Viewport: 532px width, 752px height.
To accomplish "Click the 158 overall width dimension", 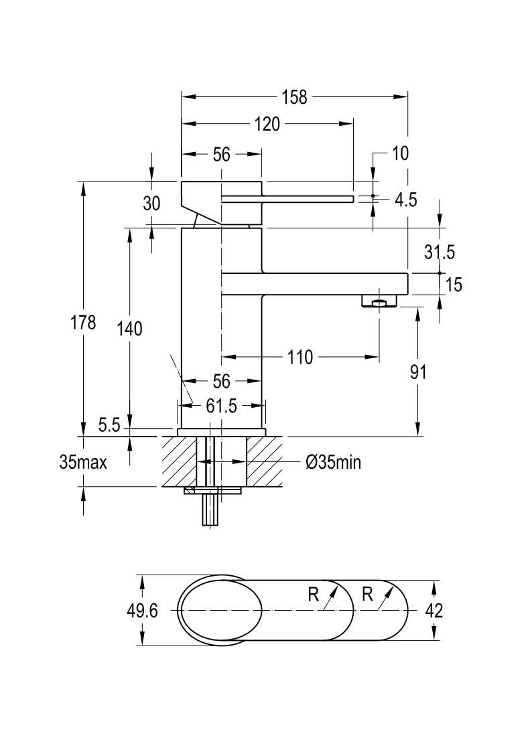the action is [294, 97].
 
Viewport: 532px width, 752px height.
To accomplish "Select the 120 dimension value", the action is [267, 124].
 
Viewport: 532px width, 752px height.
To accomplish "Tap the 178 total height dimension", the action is [84, 322].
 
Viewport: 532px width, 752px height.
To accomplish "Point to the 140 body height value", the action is [130, 329].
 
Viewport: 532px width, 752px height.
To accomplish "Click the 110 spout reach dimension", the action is [300, 358].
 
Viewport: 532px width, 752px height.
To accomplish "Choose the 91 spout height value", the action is [418, 372].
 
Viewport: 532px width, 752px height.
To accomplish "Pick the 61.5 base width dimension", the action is [221, 406].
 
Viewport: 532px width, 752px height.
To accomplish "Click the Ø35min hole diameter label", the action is [333, 462].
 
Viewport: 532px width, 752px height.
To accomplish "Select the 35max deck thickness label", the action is [83, 462].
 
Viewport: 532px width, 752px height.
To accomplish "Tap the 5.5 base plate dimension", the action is [109, 425].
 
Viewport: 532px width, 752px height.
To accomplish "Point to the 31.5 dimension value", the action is [440, 252].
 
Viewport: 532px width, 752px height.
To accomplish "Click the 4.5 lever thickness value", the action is [406, 200].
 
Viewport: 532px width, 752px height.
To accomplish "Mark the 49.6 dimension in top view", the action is [142, 611].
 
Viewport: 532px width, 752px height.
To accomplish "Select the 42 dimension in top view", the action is [434, 611].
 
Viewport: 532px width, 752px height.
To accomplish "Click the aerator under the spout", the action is [379, 301].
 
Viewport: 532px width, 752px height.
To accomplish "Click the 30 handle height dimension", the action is [151, 204].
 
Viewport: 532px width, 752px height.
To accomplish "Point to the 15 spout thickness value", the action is [454, 285].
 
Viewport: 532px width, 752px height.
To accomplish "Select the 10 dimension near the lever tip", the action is [400, 153].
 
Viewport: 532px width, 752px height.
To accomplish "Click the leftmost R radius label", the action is [314, 595].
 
